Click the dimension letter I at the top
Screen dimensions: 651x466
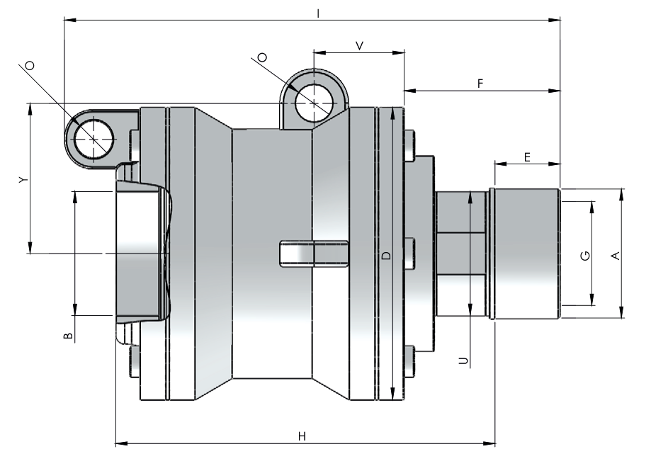318,13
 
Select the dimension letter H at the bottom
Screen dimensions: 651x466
302,436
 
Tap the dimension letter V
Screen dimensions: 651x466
360,45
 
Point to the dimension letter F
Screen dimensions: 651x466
480,84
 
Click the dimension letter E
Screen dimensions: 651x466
527,157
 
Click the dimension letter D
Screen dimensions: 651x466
386,255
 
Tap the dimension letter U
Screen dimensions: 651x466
463,360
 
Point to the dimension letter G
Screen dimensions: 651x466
585,256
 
